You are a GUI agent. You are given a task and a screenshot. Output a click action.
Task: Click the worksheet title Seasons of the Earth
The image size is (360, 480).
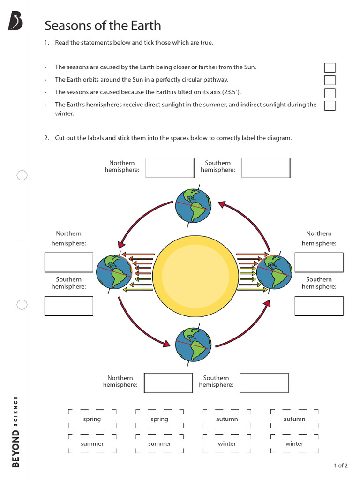pyautogui.click(x=103, y=25)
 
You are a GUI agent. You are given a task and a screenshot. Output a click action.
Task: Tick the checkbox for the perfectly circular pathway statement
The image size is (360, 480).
pyautogui.click(x=330, y=80)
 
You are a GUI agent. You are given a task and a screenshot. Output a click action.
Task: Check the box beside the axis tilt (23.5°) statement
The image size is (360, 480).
pyautogui.click(x=330, y=93)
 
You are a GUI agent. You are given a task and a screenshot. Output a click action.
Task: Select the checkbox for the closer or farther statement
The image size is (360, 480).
pyautogui.click(x=330, y=67)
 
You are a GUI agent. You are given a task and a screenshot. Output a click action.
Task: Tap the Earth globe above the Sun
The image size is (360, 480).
pyautogui.click(x=193, y=205)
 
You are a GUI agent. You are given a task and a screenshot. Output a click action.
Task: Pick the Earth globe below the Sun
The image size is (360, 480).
pyautogui.click(x=193, y=345)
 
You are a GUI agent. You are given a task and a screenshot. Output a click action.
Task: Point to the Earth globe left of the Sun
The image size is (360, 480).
pyautogui.click(x=114, y=272)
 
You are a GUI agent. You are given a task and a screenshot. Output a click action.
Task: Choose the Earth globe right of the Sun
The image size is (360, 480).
pyautogui.click(x=274, y=272)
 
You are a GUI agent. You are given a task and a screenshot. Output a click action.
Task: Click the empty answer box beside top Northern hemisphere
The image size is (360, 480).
pyautogui.click(x=170, y=168)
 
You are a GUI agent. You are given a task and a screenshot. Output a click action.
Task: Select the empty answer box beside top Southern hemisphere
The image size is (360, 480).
pyautogui.click(x=266, y=168)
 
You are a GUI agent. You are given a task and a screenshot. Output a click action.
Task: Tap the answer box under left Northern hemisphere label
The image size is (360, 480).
pyautogui.click(x=68, y=262)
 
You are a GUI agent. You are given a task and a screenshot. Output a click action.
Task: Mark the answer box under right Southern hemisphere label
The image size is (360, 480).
pyautogui.click(x=319, y=306)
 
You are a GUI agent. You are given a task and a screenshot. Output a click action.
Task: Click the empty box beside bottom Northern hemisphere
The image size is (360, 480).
pyautogui.click(x=168, y=382)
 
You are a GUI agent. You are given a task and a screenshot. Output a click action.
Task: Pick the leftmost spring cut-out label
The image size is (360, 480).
pyautogui.click(x=92, y=419)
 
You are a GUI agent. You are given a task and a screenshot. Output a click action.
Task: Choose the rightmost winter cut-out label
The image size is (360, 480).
pyautogui.click(x=294, y=443)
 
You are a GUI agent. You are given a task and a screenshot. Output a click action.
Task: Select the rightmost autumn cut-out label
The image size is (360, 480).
pyautogui.click(x=294, y=419)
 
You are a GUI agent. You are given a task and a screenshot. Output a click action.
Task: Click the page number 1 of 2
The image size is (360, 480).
pyautogui.click(x=341, y=465)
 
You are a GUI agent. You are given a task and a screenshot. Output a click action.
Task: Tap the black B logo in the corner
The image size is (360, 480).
pyautogui.click(x=15, y=21)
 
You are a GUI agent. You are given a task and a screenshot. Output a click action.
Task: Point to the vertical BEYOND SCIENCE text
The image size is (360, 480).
pyautogui.click(x=16, y=431)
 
